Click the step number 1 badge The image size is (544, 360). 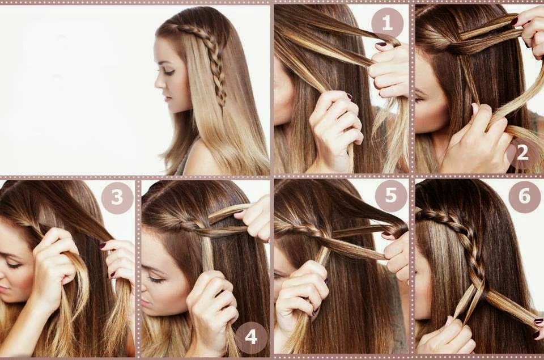[x=387, y=24]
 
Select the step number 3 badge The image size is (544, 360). [x=117, y=197]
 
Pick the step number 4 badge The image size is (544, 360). [x=251, y=337]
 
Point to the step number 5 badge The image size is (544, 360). [x=390, y=196]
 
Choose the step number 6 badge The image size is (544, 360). [x=524, y=197]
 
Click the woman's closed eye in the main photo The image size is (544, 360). [x=169, y=72]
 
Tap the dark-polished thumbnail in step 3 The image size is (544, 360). [x=103, y=246]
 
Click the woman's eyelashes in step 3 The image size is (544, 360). [x=13, y=265]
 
